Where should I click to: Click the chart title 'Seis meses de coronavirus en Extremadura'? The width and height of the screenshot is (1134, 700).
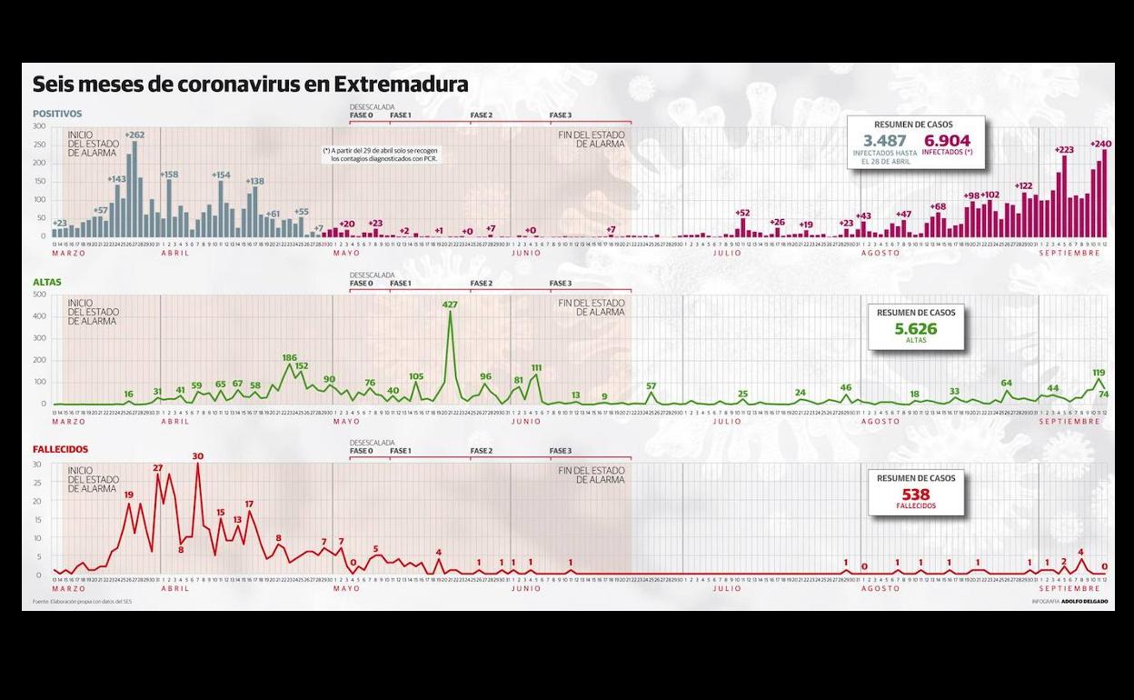[x=250, y=85]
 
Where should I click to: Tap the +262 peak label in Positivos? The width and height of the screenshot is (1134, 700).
[x=134, y=135]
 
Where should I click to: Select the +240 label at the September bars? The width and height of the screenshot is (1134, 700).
[x=1101, y=144]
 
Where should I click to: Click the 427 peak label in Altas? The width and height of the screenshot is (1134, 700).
[x=450, y=305]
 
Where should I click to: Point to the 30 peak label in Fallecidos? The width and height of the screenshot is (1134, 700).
[x=197, y=456]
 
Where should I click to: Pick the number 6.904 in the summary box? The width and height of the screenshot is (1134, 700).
[x=947, y=141]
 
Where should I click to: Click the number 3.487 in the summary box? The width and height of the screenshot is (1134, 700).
[x=884, y=141]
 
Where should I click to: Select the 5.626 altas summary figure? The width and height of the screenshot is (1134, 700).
[x=915, y=329]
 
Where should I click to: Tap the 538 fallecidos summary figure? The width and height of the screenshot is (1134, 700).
[x=915, y=495]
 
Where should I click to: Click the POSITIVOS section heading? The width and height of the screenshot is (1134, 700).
[x=57, y=115]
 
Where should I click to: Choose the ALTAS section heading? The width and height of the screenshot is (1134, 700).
[x=47, y=283]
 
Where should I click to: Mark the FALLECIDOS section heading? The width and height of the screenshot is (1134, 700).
[x=60, y=450]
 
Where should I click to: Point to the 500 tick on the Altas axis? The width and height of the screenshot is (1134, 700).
[x=39, y=295]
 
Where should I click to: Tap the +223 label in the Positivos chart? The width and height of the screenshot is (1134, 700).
[x=1063, y=150]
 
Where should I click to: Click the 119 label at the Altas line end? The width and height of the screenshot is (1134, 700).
[x=1099, y=373]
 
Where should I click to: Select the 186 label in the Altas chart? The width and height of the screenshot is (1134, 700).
[x=290, y=357]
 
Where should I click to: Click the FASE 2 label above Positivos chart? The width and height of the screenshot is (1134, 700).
[x=481, y=115]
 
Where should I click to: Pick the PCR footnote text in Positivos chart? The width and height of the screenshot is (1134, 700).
[x=380, y=155]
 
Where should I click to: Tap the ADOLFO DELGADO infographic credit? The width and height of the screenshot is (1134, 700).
[x=1084, y=602]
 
